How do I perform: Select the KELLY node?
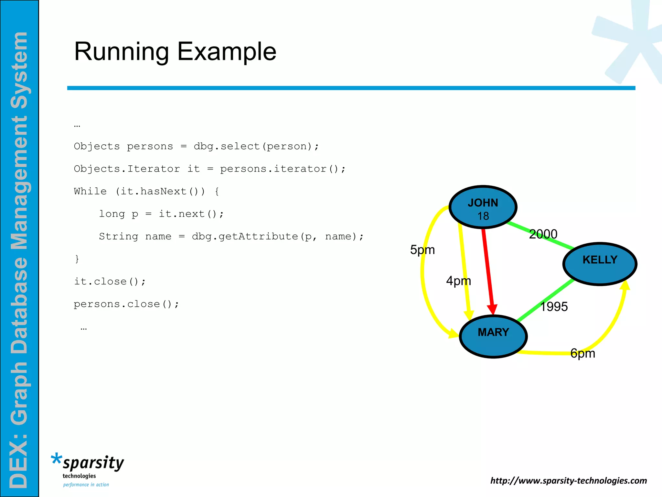tap(600, 264)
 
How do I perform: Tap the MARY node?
tap(493, 337)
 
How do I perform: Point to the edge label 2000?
tap(543, 234)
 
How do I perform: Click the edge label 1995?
tap(554, 306)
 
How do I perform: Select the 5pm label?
tap(422, 250)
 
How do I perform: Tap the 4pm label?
tap(458, 281)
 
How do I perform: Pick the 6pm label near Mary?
tap(582, 353)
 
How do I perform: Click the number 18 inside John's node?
tap(483, 216)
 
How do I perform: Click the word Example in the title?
tap(227, 51)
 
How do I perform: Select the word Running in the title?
tap(122, 51)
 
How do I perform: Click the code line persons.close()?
tap(126, 304)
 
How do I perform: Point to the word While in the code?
tap(90, 191)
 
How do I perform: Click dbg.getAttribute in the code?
tap(245, 237)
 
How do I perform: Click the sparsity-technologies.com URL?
tap(568, 480)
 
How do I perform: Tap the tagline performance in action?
tap(86, 485)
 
